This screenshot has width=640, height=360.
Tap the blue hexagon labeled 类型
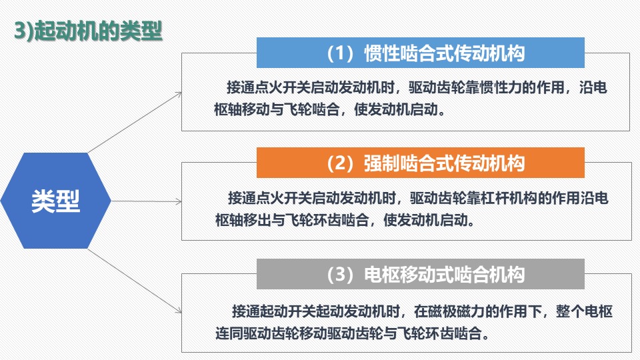tap(55, 201)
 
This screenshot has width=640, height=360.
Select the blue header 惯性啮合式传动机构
tap(421, 53)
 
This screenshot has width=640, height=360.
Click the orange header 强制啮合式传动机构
tap(421, 163)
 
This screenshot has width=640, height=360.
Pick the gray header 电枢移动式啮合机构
tap(421, 274)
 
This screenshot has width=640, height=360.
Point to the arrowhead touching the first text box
tap(179, 95)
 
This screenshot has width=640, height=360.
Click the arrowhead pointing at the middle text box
tap(179, 201)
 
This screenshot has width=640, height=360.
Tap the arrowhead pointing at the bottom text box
tap(179, 310)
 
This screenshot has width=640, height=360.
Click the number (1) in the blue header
tap(340, 53)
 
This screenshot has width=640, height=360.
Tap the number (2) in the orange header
tap(340, 163)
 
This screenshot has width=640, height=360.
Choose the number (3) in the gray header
tap(340, 274)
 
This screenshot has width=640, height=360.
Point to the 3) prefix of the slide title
tap(24, 31)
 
